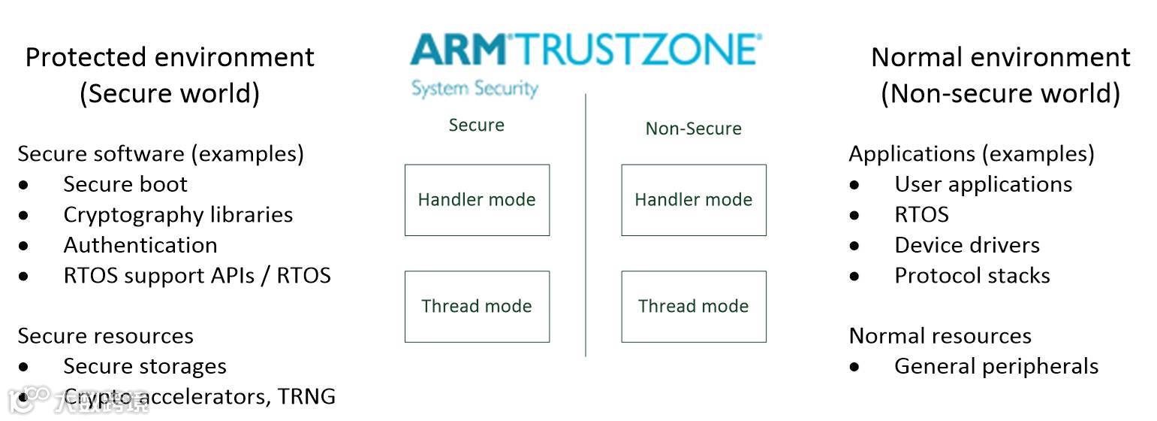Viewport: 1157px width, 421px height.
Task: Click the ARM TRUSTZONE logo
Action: click(586, 50)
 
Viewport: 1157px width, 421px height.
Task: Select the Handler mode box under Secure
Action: click(477, 200)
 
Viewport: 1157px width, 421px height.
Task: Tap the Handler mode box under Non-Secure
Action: click(694, 200)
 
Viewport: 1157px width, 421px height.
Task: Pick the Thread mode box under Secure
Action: click(477, 307)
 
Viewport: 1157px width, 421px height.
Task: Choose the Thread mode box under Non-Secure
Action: click(694, 307)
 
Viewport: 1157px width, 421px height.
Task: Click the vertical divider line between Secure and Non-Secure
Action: click(586, 226)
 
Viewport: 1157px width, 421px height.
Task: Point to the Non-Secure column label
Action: click(693, 129)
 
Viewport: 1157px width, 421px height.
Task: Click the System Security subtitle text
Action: click(475, 88)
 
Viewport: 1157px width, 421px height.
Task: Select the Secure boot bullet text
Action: click(125, 184)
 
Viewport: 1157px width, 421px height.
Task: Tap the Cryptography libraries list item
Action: click(178, 215)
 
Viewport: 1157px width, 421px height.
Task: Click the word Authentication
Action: click(140, 245)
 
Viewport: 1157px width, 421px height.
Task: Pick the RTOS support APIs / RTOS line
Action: click(197, 276)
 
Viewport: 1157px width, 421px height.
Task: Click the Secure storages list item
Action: click(145, 367)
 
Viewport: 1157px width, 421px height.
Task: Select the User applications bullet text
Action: click(983, 184)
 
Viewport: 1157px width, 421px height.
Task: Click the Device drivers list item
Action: click(967, 245)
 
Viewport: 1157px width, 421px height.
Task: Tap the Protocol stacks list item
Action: click(972, 276)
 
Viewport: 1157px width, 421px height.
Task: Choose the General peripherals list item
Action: click(996, 367)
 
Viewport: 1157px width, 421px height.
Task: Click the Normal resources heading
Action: click(940, 336)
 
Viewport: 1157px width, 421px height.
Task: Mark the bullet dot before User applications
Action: click(854, 185)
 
